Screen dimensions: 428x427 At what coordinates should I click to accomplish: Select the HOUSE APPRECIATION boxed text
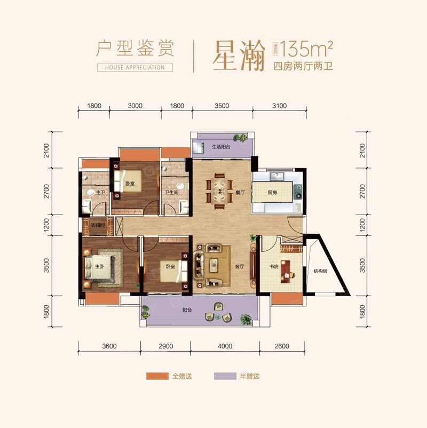[135, 68]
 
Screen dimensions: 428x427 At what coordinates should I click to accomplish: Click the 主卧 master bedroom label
[99, 266]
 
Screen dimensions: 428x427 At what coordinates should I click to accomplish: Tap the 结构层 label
[320, 271]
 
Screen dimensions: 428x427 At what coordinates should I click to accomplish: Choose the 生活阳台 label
[220, 147]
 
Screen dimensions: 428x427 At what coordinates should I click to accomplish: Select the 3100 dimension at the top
[279, 106]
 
